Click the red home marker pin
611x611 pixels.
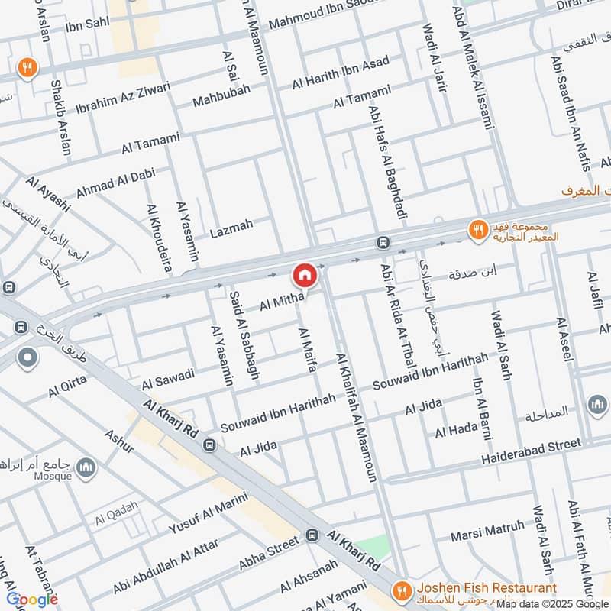pos(304,275)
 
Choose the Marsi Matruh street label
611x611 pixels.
pos(487,528)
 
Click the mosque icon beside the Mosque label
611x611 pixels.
pos(87,467)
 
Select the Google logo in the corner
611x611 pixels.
pos(32,599)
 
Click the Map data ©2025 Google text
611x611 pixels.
pos(551,603)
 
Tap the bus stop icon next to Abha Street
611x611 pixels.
pos(312,536)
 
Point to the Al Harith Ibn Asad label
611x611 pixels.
pos(341,73)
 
